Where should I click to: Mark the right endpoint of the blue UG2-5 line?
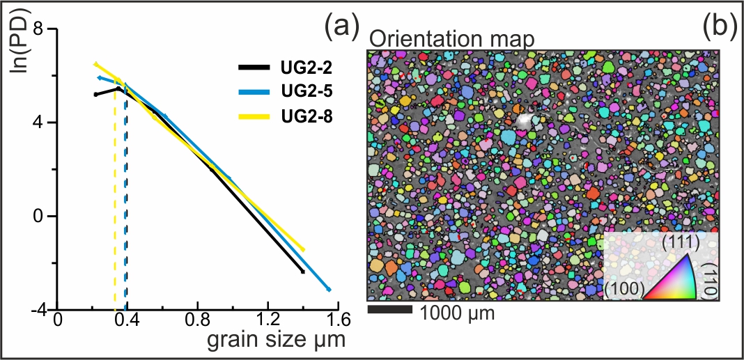pyautogui.click(x=329, y=289)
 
